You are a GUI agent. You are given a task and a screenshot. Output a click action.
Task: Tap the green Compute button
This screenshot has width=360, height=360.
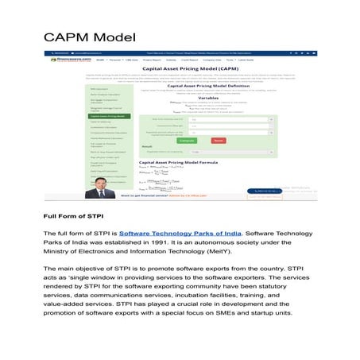188,140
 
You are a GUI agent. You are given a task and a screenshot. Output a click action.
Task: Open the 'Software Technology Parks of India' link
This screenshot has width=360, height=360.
180,233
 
